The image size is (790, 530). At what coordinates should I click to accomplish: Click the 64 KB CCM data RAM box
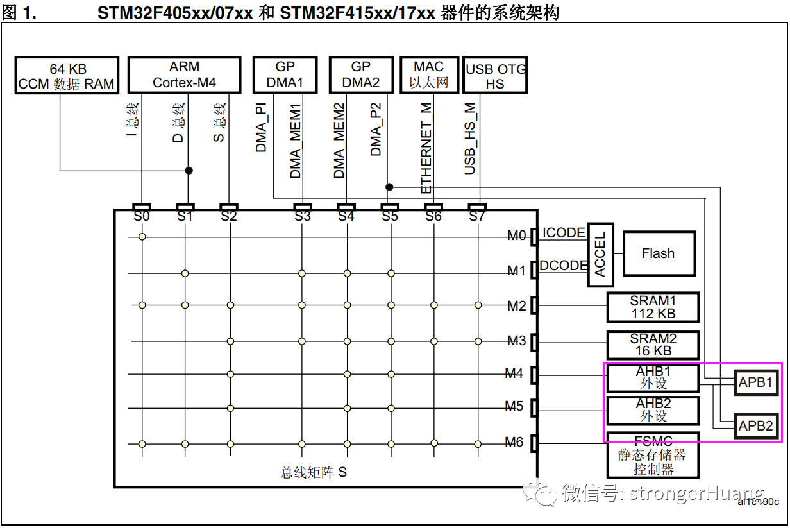pos(67,75)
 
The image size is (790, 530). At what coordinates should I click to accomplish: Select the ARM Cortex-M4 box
pos(185,75)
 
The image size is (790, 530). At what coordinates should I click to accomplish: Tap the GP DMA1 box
pos(285,75)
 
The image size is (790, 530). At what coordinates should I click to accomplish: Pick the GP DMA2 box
pos(361,75)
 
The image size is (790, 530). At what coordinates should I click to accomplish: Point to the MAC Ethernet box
pos(429,75)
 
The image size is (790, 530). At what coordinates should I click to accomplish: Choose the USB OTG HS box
pos(495,75)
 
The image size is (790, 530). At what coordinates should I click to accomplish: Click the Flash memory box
pos(659,253)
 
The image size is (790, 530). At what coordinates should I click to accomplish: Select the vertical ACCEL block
pos(601,255)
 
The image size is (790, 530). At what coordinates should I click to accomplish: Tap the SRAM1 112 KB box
pos(653,307)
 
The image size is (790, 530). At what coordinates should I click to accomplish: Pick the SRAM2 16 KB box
pos(653,345)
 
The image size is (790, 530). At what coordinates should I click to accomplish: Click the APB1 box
pos(756,382)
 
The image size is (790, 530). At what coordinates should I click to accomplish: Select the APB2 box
pos(756,425)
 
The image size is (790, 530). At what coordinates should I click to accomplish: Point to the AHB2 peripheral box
pos(653,410)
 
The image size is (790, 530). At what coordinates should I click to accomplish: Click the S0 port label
pos(142,216)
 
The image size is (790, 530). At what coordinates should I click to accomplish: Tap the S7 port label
pos(477,216)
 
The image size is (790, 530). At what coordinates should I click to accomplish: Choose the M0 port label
pos(516,235)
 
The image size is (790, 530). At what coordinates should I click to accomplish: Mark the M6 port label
pos(514,442)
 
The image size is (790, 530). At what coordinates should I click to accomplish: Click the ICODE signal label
pos(564,233)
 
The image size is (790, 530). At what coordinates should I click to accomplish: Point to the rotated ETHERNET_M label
pos(426,148)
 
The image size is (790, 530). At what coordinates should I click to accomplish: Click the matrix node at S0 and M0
pos(142,237)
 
